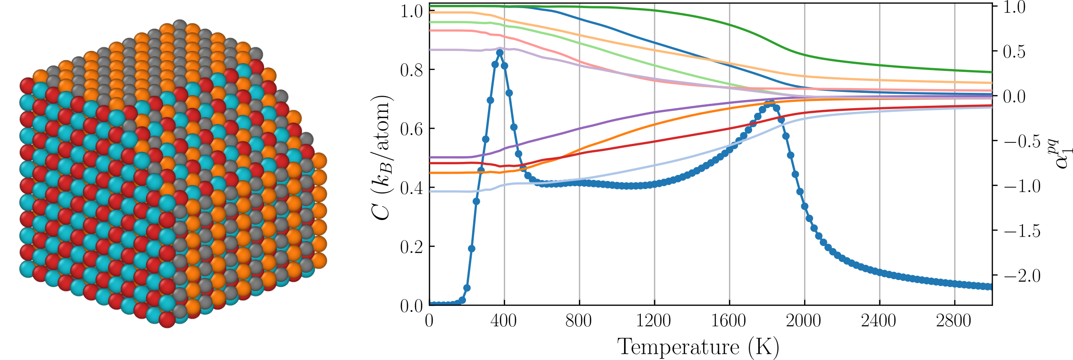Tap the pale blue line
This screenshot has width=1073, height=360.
(x=619, y=173)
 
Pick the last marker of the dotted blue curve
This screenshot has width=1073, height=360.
(x=988, y=287)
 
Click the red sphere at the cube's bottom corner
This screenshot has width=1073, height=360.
(x=167, y=319)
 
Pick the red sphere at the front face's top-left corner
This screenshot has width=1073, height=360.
(x=28, y=86)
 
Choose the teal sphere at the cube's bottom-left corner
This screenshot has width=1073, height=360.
(x=28, y=269)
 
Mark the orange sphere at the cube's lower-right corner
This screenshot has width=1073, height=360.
(x=318, y=260)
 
